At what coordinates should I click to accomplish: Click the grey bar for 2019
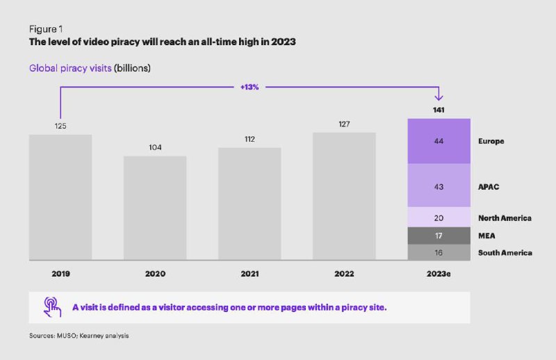click(60, 197)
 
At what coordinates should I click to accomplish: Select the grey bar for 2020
click(155, 208)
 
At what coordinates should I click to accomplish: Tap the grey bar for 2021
click(250, 204)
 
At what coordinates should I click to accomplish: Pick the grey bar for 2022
click(344, 197)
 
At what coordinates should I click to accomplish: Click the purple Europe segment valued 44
click(439, 141)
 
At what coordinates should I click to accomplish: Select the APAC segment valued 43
click(439, 185)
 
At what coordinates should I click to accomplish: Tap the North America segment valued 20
click(439, 217)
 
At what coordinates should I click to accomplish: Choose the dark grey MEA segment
click(439, 236)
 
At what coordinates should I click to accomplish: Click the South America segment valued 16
click(439, 252)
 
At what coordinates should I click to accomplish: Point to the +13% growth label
click(250, 87)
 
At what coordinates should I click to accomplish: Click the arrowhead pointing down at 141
click(439, 97)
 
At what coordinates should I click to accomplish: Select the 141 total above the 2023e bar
click(439, 110)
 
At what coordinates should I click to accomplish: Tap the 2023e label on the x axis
click(439, 274)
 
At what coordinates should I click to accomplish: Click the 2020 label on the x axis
click(155, 274)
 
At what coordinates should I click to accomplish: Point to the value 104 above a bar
click(155, 147)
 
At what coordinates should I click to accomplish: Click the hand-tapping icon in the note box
click(52, 306)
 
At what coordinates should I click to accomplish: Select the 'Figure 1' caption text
click(46, 29)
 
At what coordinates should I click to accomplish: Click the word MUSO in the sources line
click(66, 336)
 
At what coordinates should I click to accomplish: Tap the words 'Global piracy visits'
click(70, 68)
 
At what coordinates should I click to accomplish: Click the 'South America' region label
click(505, 253)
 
